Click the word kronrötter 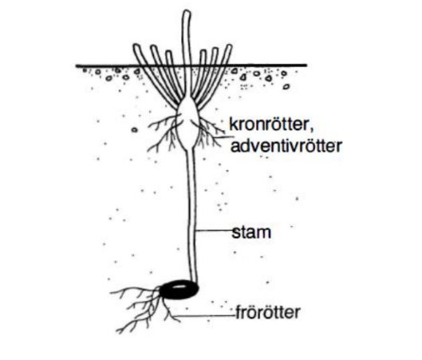[269, 124]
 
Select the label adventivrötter [286, 145]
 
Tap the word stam [251, 232]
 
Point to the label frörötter [268, 312]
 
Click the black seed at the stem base [179, 289]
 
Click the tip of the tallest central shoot [187, 11]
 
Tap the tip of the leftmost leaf [136, 45]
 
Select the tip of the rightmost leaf [229, 46]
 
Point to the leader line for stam [215, 230]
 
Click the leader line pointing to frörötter [204, 315]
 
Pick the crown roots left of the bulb [164, 132]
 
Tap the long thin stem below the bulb [191, 216]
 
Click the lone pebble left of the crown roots [134, 130]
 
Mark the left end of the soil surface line [77, 65]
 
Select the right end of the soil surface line [306, 65]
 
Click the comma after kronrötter [311, 130]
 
